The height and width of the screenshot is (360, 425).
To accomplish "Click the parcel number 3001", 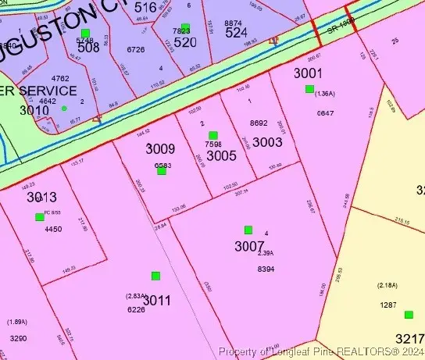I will tap(308, 73).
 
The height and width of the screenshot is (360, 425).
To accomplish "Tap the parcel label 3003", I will tap(267, 142).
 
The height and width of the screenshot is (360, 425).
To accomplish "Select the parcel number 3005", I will tap(221, 155).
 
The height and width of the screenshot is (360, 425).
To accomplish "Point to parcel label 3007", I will tap(249, 246).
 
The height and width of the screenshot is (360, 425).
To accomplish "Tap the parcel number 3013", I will tap(41, 197).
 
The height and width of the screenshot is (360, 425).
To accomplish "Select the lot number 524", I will tap(237, 34).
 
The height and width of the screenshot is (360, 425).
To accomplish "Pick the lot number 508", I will tap(88, 46).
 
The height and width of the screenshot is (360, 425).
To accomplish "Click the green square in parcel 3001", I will tap(309, 89).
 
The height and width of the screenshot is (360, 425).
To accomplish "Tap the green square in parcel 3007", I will tap(248, 230).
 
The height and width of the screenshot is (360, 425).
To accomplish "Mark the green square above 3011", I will tap(155, 276).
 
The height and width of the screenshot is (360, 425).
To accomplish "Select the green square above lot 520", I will tap(185, 27).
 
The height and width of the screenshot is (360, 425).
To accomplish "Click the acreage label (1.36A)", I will tap(324, 94).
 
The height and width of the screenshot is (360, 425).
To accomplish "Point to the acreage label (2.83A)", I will tap(136, 296).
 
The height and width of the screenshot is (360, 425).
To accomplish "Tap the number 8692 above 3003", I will tap(259, 123).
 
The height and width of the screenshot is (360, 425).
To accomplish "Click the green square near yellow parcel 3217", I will tap(409, 315).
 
